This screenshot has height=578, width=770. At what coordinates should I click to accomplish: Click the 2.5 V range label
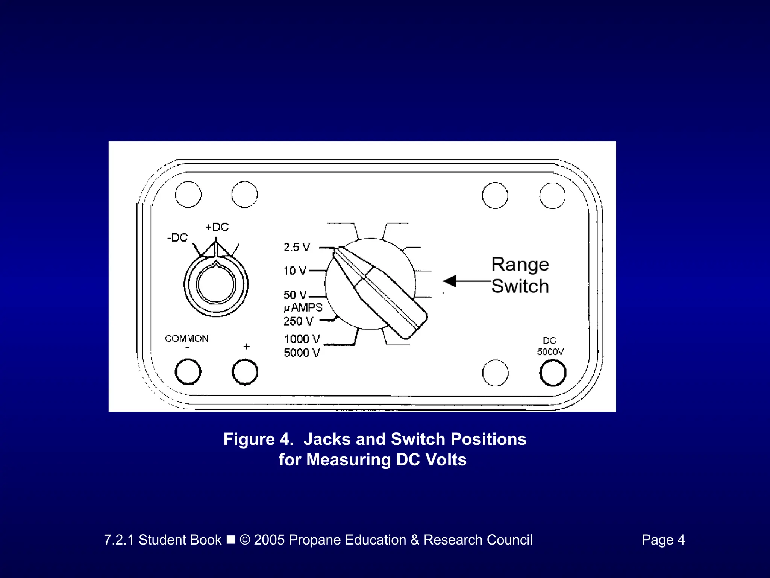pyautogui.click(x=297, y=247)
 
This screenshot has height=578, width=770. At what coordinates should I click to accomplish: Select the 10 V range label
pyautogui.click(x=295, y=271)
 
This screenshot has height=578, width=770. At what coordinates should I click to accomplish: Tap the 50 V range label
pyautogui.click(x=295, y=295)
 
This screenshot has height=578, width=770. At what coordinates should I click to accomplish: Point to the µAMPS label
pyautogui.click(x=303, y=307)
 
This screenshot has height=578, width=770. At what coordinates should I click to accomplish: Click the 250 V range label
pyautogui.click(x=298, y=321)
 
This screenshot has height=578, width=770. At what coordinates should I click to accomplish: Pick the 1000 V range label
pyautogui.click(x=302, y=339)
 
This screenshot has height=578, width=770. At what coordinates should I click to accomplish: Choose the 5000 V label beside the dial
pyautogui.click(x=302, y=353)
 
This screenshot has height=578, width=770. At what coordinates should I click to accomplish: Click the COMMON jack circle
pyautogui.click(x=188, y=372)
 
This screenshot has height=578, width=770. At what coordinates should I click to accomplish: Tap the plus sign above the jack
pyautogui.click(x=247, y=346)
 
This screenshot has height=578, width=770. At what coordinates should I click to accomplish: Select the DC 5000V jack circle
pyautogui.click(x=553, y=373)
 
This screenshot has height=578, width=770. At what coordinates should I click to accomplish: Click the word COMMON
pyautogui.click(x=186, y=339)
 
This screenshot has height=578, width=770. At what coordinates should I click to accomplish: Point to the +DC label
pyautogui.click(x=217, y=227)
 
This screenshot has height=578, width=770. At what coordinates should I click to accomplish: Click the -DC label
pyautogui.click(x=177, y=238)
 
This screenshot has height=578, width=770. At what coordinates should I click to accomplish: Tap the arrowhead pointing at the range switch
pyautogui.click(x=450, y=281)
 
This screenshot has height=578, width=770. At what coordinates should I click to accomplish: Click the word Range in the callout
pyautogui.click(x=520, y=264)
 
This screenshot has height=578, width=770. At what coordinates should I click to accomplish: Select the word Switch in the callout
pyautogui.click(x=520, y=286)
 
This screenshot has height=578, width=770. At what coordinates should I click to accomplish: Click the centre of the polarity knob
pyautogui.click(x=216, y=284)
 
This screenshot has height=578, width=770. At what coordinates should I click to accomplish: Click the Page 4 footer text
pyautogui.click(x=663, y=540)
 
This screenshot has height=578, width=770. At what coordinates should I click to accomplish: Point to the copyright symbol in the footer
pyautogui.click(x=245, y=540)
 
